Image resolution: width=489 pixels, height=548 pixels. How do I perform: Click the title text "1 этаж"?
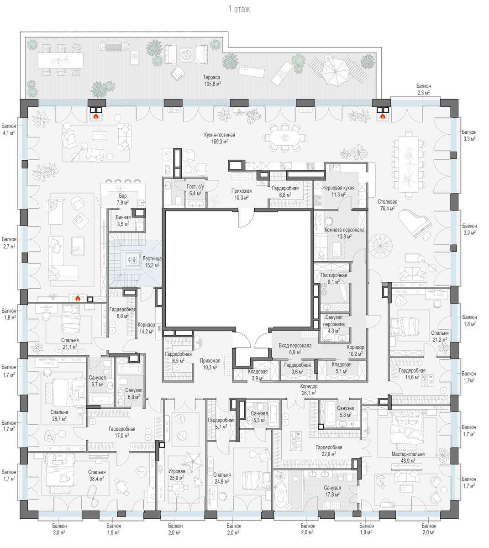pos(239,9)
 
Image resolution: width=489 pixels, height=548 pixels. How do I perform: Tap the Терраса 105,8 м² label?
pos(212,81)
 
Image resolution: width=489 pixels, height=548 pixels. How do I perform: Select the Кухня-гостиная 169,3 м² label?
pos(219,138)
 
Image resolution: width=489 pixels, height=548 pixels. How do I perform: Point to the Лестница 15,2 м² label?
pos(152,262)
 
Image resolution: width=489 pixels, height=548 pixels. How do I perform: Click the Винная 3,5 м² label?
pos(123,221)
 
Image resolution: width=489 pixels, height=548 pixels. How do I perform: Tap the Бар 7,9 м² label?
pos(122,199)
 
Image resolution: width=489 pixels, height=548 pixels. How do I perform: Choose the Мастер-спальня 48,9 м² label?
pos(408,457)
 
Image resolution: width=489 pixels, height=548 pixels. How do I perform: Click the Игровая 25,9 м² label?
pos(177,474)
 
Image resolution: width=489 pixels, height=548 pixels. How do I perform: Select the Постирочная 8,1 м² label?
pos(333,278)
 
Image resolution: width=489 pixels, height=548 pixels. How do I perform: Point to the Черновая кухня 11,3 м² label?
pos(338,191)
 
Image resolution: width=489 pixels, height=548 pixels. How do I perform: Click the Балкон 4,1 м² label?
pos(8,129)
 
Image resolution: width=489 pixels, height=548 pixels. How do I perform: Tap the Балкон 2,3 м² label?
pos(423,89)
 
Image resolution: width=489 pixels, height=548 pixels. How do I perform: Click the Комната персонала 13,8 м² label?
pos(344,233)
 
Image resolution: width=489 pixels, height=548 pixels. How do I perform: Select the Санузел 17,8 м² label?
pos(332,491)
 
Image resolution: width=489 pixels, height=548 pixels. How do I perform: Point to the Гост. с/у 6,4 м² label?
pos(195,190)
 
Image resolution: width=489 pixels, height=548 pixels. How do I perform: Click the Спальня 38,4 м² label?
pos(96,475)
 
